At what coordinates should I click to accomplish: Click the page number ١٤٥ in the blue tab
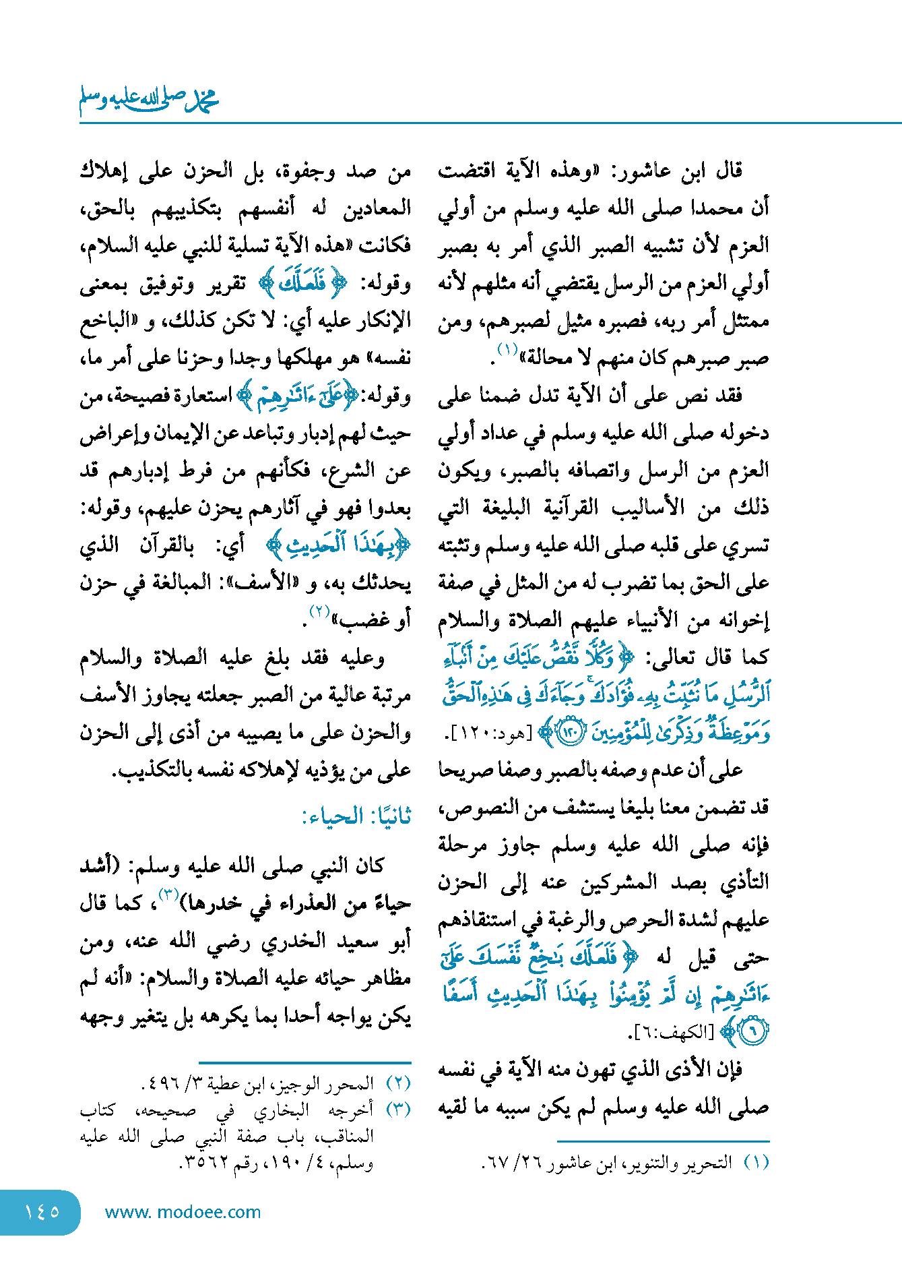42,1212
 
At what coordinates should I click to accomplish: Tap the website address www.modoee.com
183,1212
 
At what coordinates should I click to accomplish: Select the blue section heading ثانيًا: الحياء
356,816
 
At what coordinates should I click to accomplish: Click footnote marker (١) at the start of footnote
756,1163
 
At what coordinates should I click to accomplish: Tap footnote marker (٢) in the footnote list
398,1083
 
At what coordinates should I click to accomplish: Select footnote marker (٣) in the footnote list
398,1109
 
